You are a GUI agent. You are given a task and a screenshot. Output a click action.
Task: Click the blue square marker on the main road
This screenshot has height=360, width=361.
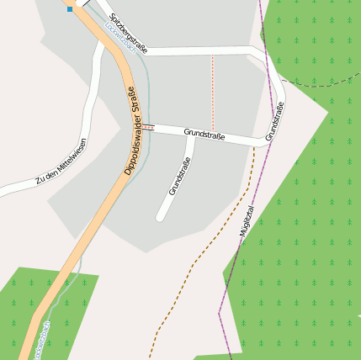tap(70, 8)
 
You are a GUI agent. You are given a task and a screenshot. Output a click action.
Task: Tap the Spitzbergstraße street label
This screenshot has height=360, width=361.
tap(128, 34)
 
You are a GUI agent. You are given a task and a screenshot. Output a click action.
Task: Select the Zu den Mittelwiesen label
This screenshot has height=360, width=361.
tap(61, 163)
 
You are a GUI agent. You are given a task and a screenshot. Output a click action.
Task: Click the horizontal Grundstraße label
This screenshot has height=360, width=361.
tap(204, 134)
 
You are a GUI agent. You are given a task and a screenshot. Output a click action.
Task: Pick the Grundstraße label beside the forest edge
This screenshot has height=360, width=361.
tap(274, 121)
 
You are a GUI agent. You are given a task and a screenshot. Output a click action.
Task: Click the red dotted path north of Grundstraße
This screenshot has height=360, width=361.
tap(212, 93)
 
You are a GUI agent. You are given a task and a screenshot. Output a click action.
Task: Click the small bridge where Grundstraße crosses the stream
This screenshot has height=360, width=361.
tap(148, 127)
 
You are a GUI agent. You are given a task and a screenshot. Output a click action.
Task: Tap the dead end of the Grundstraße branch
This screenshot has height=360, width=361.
tap(160, 217)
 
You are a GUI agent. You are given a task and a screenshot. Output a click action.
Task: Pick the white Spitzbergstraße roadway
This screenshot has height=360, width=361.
tap(194, 51)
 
